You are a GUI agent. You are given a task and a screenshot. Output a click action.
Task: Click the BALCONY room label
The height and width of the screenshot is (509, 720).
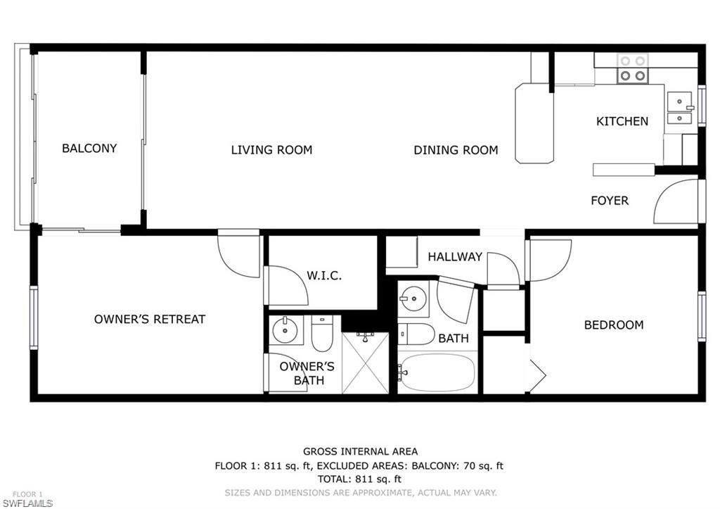[89, 149]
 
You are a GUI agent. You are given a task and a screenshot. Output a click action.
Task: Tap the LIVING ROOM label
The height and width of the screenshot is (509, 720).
[271, 150]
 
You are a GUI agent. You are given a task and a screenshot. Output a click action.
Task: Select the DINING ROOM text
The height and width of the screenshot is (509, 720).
[456, 150]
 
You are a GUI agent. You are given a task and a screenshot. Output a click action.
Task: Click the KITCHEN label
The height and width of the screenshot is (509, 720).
[622, 121]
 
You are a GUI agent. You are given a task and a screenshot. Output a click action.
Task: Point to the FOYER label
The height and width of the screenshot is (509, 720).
[609, 201]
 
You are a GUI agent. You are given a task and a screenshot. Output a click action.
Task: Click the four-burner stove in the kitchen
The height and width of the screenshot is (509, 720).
[631, 68]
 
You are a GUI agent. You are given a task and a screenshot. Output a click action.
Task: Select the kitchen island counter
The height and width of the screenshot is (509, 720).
[534, 123]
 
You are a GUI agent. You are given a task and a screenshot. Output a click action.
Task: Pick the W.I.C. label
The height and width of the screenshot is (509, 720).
[324, 276]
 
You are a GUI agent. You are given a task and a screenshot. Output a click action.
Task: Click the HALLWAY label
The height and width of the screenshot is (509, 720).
[455, 257]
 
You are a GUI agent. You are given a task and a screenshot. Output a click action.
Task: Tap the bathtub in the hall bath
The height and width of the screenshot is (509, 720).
[437, 372]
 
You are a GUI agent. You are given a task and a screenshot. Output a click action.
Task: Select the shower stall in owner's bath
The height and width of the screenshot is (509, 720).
[365, 363]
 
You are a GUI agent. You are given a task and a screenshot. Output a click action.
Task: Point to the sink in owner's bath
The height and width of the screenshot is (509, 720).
[285, 329]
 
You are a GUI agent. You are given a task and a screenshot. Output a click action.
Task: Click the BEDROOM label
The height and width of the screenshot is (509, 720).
[613, 325]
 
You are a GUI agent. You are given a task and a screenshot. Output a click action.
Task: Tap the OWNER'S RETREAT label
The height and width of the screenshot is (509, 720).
[150, 320]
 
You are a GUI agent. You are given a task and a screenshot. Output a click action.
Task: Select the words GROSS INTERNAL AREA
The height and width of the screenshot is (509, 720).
[360, 451]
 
